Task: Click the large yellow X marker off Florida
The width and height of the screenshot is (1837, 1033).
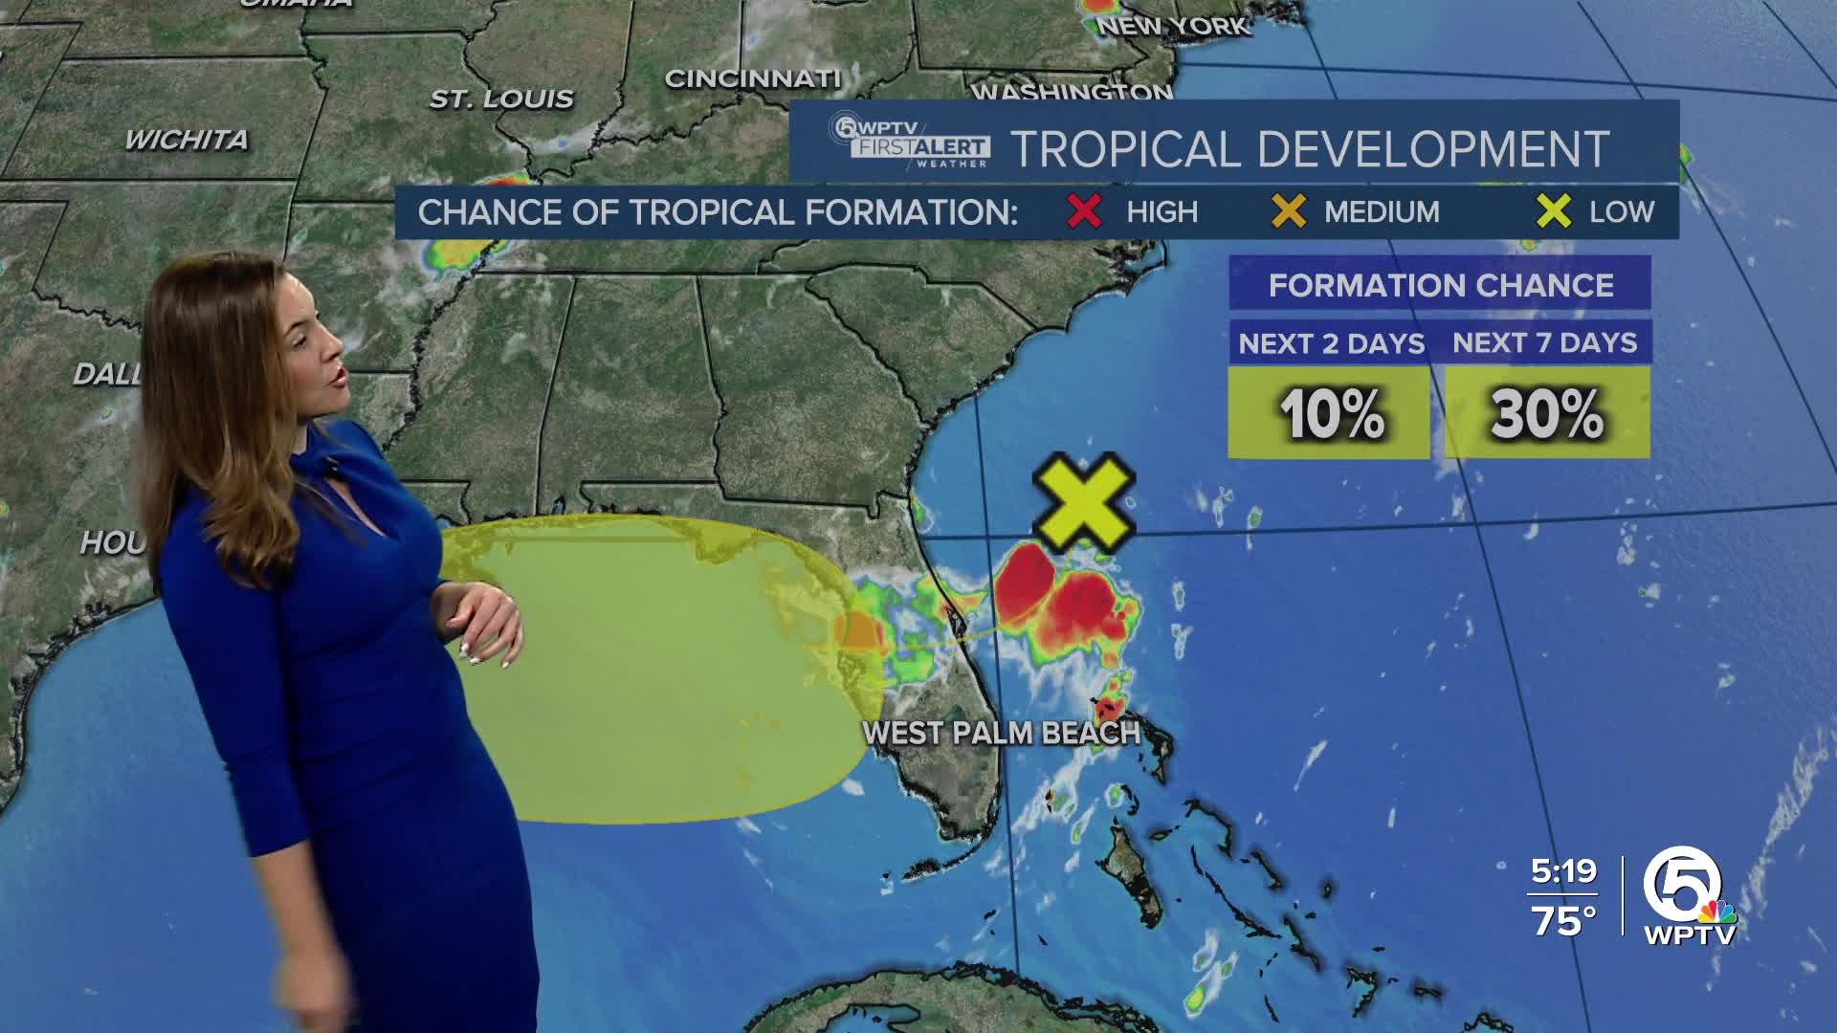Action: [x=1084, y=503]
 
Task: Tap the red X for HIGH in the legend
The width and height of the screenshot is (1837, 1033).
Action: [x=1084, y=211]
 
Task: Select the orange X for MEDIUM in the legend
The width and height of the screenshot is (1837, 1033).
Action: [x=1289, y=211]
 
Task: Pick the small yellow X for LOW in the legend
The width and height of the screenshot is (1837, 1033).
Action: [x=1554, y=211]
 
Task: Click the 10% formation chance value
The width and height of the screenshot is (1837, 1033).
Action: [x=1331, y=414]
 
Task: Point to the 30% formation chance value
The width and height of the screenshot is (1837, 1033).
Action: [x=1546, y=414]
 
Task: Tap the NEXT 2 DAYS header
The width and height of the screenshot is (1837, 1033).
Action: [x=1331, y=343]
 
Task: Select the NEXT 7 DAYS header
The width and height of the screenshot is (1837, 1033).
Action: [x=1544, y=342]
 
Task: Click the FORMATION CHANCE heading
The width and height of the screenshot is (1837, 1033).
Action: [x=1440, y=285]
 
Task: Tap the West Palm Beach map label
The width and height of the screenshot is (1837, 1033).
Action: [x=1001, y=734]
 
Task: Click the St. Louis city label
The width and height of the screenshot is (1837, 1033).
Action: [x=501, y=99]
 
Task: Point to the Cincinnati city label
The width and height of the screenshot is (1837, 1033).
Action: [x=752, y=78]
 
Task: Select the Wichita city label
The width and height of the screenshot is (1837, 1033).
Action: [x=187, y=140]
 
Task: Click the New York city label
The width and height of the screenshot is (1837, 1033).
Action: [x=1173, y=26]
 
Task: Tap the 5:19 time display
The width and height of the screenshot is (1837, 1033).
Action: [x=1563, y=871]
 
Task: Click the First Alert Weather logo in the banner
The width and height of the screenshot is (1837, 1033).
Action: [x=910, y=143]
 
